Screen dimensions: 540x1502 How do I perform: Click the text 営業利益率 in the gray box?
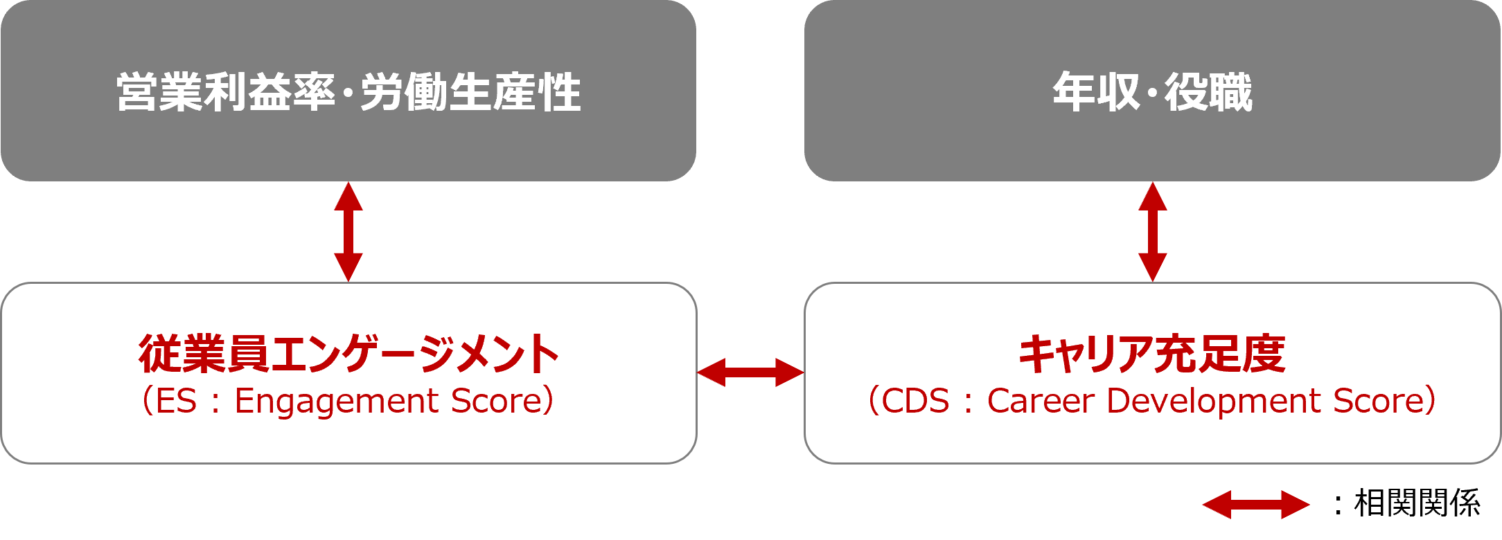(x=226, y=93)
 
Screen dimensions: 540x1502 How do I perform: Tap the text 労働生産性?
(x=471, y=93)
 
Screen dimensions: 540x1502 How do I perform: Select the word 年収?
(x=1095, y=93)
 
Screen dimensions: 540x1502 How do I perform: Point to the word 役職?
(x=1208, y=93)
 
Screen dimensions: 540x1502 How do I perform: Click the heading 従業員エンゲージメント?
(x=348, y=354)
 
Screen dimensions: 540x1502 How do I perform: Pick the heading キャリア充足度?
(x=1152, y=354)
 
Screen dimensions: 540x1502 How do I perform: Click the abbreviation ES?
(x=176, y=402)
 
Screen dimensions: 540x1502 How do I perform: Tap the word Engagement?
(x=337, y=402)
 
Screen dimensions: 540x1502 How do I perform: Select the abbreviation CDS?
(x=915, y=402)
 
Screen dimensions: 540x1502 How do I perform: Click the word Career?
(x=1041, y=402)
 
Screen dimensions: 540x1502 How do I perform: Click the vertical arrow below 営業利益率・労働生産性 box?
(x=348, y=232)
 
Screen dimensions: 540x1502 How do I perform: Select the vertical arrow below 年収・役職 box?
(x=1153, y=232)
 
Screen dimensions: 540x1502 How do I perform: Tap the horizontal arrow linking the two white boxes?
(x=750, y=372)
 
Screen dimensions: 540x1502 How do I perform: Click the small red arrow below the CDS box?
(x=1256, y=505)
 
